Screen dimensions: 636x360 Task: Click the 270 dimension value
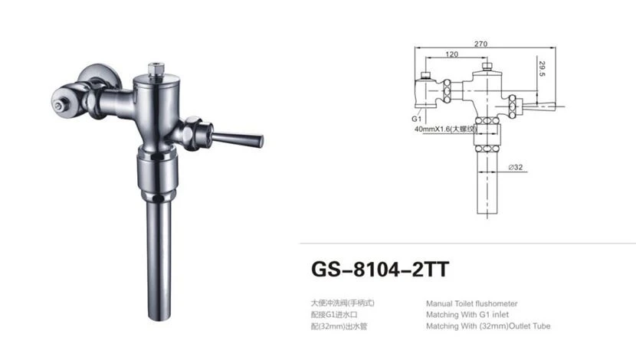tap(480, 44)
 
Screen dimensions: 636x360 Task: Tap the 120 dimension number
tap(452, 54)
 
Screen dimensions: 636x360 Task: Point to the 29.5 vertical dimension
tap(543, 68)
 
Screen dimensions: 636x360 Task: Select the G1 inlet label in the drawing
tap(417, 119)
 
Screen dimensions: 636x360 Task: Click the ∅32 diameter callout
tap(516, 167)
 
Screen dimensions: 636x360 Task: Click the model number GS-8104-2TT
tap(380, 269)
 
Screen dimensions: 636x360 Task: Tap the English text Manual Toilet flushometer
tap(472, 303)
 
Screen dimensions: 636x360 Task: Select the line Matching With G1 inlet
tap(467, 315)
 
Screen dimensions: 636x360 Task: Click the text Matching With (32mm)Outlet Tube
tap(488, 326)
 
